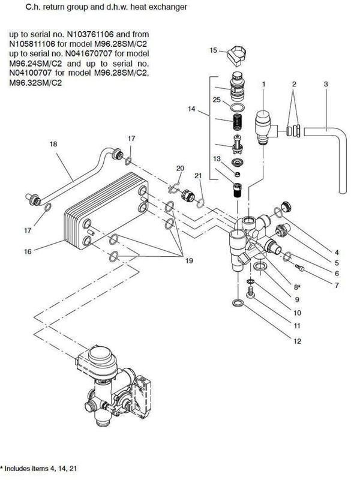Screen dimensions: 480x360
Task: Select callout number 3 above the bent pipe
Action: pyautogui.click(x=325, y=85)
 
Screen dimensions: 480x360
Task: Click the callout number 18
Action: pyautogui.click(x=53, y=145)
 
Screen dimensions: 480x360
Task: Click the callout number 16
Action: pyautogui.click(x=28, y=251)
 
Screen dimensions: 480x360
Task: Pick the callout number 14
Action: pyautogui.click(x=191, y=109)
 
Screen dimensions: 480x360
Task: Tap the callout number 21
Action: pyautogui.click(x=198, y=175)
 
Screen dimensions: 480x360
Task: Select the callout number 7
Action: pyautogui.click(x=337, y=286)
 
